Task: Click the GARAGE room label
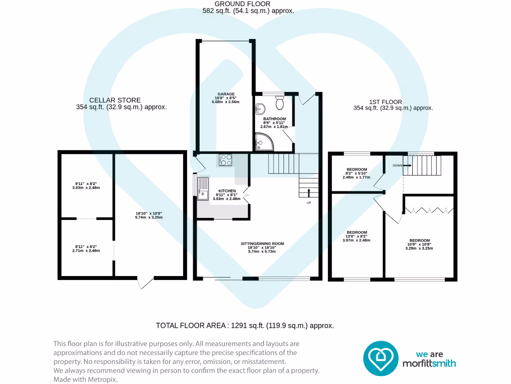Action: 225,94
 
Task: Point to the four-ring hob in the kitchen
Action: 226,160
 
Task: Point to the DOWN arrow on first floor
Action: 406,165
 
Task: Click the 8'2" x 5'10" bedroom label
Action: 357,169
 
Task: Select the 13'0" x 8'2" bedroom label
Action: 357,232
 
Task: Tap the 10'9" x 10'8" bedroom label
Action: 419,240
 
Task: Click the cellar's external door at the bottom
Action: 145,282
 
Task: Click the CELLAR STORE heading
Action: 115,100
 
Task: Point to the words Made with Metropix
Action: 85,379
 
